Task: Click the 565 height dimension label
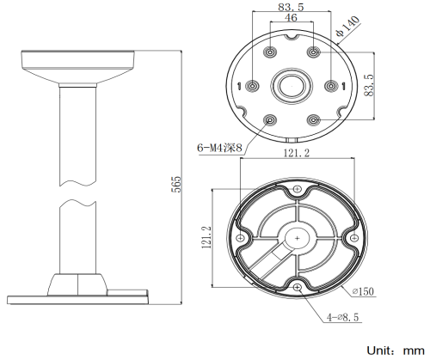pos(177,184)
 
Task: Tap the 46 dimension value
pos(291,18)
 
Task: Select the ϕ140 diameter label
pos(348,27)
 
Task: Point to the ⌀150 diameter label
pos(363,291)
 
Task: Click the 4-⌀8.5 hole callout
pos(343,317)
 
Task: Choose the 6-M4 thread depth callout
pos(219,148)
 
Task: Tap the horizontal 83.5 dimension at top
pos(291,7)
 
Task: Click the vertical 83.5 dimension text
pos(369,85)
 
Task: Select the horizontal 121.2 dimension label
pos(297,153)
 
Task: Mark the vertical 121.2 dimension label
pos(207,237)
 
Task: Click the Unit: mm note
pos(396,351)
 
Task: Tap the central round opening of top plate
pos(292,86)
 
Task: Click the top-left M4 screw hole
pos(270,52)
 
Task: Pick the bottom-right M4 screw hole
pos(314,120)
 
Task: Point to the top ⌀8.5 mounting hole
pos(298,189)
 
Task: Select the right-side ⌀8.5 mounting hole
pos(354,238)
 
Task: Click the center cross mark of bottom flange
pos(298,238)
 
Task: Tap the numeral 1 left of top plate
pos(240,86)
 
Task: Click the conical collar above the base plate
pos(77,284)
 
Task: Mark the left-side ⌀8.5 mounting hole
pos(240,238)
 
